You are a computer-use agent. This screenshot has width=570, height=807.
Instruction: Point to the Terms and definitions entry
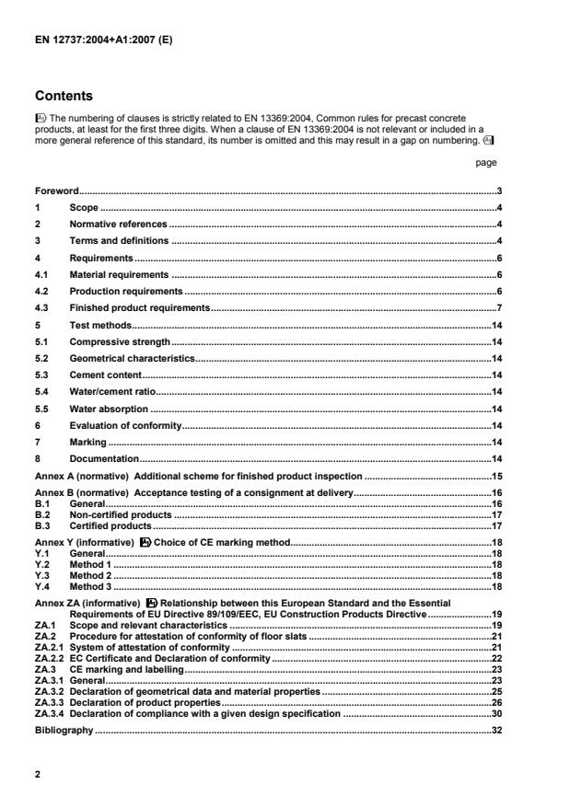pos(119,240)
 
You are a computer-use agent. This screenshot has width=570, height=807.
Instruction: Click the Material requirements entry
pos(119,274)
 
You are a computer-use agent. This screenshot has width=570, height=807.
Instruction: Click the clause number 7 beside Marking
pos(38,442)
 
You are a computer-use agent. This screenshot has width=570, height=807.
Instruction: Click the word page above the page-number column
pos(486,162)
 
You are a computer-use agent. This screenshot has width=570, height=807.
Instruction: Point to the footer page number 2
pos(38,775)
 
